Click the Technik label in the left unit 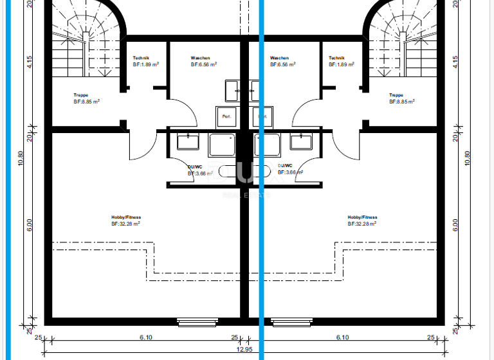[x=142, y=58]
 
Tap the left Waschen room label [x=200, y=58]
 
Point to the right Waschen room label [x=280, y=58]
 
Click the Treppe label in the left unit [x=81, y=95]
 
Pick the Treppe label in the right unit [x=396, y=95]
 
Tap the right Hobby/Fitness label [x=362, y=217]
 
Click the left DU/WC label [x=195, y=166]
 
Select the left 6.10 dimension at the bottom [x=145, y=337]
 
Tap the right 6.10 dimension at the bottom [x=342, y=337]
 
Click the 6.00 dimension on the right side [x=455, y=225]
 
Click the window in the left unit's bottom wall [x=197, y=321]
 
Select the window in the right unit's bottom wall [x=291, y=321]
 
